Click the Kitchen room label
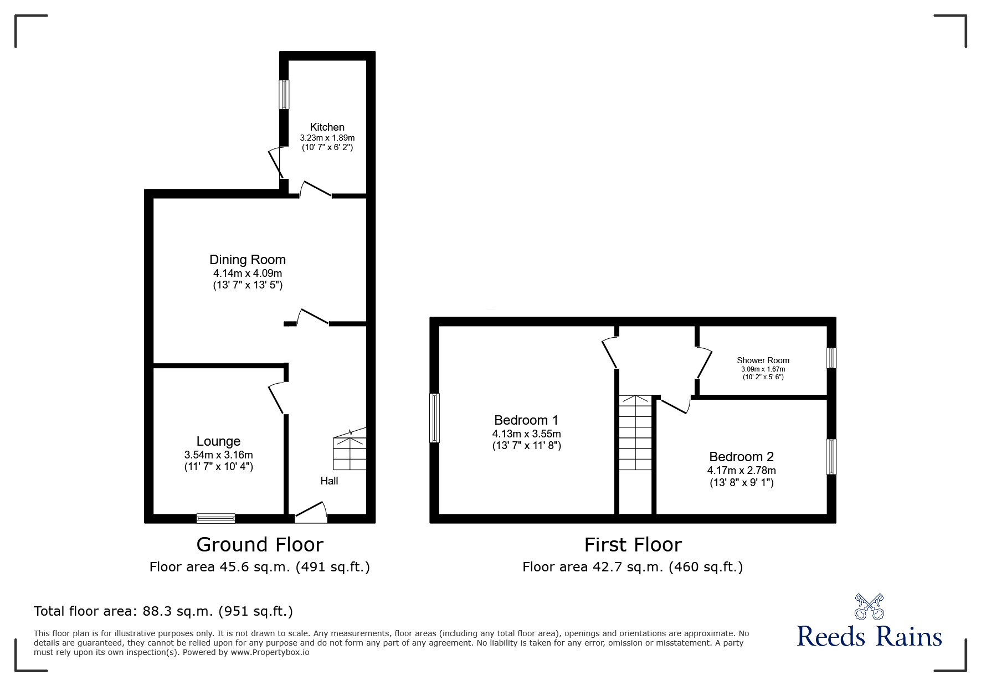coord(327,127)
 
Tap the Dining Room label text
coord(248,260)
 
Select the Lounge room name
coord(218,441)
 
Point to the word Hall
coord(329,481)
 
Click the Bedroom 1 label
coord(526,420)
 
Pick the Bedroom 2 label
coord(741,457)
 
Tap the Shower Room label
coord(763,360)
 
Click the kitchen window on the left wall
coord(284,95)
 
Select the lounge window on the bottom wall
coord(216,518)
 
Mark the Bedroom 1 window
coord(435,418)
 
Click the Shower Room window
coord(831,358)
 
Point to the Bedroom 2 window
coord(831,457)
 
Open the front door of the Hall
coord(311,513)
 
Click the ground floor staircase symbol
coord(349,451)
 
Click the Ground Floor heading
coord(260,545)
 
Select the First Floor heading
coord(633,545)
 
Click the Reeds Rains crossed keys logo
coord(869,606)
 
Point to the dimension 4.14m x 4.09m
coord(248,274)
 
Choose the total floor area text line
coord(163,611)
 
